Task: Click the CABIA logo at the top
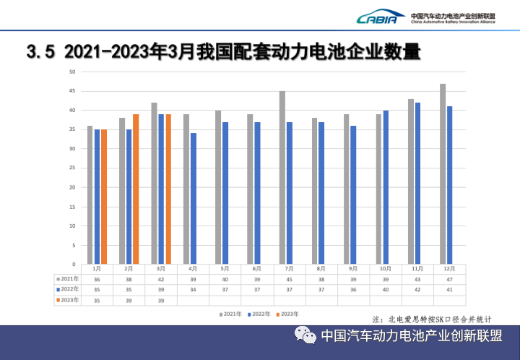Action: pos(380,18)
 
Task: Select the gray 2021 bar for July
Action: pos(282,178)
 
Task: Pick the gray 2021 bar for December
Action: pos(443,173)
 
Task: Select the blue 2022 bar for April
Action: pos(193,199)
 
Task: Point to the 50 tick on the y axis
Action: pos(72,72)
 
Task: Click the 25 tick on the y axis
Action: pos(72,168)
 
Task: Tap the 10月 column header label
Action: pos(386,268)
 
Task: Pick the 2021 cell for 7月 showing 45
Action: pos(290,278)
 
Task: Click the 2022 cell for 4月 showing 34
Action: pos(193,288)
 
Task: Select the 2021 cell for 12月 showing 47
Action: pos(450,278)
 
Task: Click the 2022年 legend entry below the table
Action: pos(261,314)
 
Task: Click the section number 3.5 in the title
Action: pos(40,52)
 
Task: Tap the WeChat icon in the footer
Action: pos(304,336)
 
